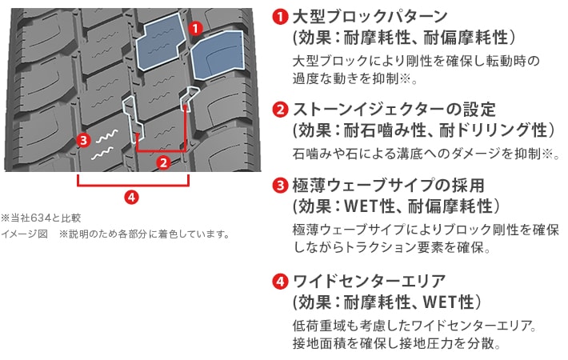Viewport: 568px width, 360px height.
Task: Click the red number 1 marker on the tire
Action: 196,28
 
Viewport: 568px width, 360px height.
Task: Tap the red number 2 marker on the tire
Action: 164,162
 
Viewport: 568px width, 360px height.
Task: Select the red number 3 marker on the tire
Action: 84,140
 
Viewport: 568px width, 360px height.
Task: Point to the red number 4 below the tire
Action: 131,198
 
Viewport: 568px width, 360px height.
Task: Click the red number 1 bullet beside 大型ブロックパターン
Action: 280,17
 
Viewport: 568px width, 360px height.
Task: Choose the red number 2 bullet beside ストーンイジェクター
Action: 280,110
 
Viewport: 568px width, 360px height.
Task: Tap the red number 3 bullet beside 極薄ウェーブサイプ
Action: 280,186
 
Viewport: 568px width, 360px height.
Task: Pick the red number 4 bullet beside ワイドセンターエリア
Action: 280,282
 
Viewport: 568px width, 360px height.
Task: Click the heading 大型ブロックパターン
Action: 370,17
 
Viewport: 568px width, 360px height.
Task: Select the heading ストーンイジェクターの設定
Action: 394,110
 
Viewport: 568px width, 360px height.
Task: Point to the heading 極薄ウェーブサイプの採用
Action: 388,186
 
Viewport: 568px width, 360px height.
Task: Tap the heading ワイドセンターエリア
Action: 369,282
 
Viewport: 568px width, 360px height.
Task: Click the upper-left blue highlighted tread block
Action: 162,42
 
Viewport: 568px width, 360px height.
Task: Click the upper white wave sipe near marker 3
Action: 106,136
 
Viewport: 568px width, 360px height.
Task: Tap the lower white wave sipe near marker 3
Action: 102,153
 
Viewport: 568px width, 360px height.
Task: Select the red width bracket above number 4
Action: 133,186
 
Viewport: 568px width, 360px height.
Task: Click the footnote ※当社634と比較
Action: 41,218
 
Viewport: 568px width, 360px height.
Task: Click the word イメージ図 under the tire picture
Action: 25,234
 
